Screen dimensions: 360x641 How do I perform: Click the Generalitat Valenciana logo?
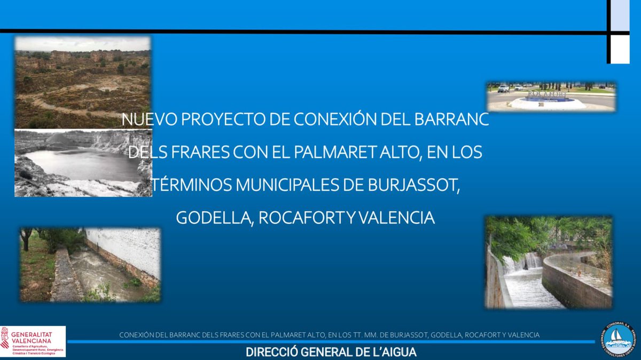[33, 341]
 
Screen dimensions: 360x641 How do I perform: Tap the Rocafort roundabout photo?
[551, 96]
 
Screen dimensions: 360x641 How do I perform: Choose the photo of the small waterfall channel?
[549, 262]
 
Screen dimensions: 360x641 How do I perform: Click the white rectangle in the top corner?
[620, 51]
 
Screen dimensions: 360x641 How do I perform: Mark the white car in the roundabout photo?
[503, 89]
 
